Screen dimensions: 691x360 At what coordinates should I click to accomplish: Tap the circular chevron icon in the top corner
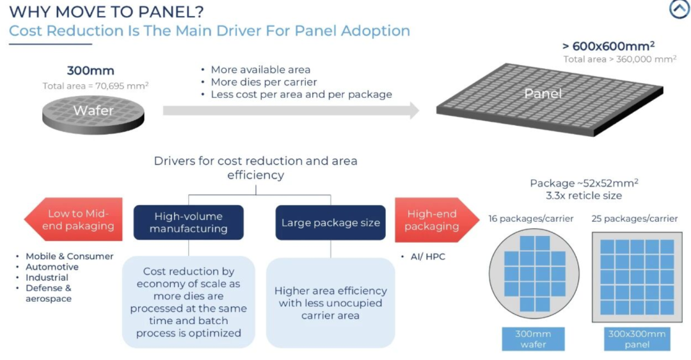click(x=679, y=9)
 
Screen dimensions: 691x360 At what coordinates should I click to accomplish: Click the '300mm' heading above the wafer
click(x=90, y=70)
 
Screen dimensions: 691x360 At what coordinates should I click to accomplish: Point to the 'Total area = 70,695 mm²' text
click(x=95, y=86)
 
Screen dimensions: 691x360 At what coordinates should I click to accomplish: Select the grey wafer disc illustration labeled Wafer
click(x=93, y=114)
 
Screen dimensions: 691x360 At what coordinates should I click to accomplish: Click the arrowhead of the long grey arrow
click(x=414, y=111)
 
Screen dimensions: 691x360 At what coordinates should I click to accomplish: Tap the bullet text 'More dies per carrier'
click(x=264, y=82)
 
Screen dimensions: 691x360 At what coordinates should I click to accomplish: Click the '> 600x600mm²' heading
click(x=608, y=46)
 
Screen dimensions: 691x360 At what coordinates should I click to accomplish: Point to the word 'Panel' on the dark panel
click(x=543, y=93)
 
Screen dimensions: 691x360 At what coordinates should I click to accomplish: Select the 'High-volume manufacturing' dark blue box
click(x=189, y=222)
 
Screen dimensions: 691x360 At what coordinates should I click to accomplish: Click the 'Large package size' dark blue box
click(x=331, y=223)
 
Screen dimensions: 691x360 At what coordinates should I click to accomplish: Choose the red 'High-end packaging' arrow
click(x=437, y=220)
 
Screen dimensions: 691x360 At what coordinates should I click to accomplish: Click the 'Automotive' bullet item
click(x=52, y=267)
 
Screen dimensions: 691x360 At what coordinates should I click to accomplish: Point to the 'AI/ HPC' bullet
click(x=428, y=256)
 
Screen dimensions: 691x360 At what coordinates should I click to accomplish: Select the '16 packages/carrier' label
click(x=531, y=219)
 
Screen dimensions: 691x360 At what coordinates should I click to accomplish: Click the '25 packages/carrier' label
click(x=635, y=219)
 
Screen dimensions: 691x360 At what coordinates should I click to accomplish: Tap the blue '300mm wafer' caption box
click(x=533, y=339)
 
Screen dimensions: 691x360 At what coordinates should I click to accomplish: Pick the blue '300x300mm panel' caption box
click(x=637, y=339)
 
